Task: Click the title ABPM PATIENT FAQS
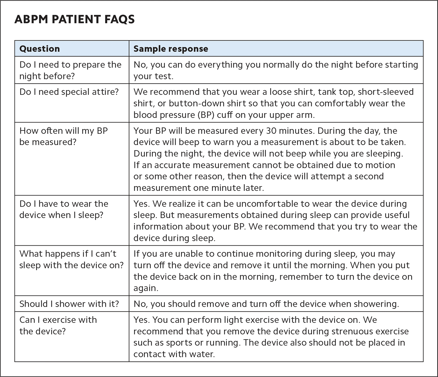(74, 19)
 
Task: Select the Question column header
(40, 49)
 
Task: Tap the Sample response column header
(171, 49)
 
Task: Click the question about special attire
(69, 92)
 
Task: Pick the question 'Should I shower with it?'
(69, 304)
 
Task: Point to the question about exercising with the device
(58, 325)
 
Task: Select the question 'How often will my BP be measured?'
(63, 136)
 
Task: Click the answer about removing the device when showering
(266, 304)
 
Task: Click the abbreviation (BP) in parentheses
(206, 115)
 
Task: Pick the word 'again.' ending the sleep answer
(146, 288)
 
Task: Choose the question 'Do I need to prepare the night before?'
(70, 70)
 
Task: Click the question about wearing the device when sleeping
(64, 209)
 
